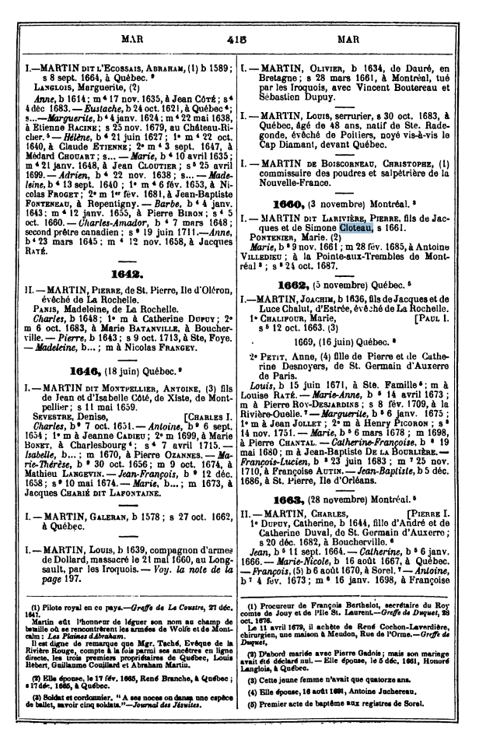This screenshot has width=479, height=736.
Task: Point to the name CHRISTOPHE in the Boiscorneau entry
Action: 412,176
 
